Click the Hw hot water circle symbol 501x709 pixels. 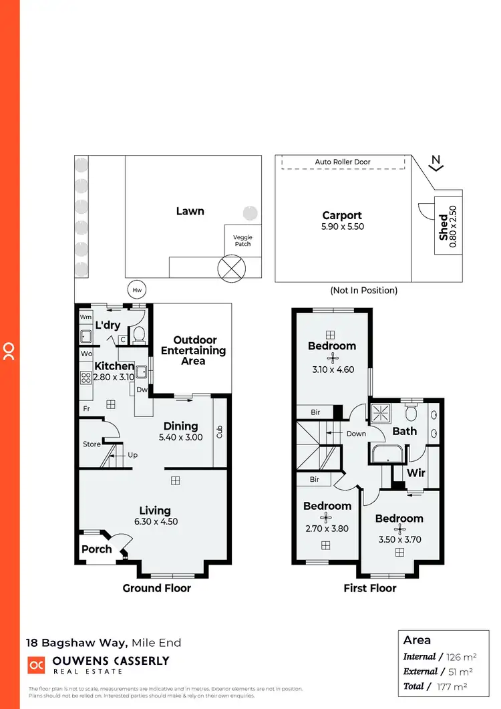point(137,289)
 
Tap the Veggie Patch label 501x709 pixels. point(242,241)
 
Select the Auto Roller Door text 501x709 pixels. point(343,162)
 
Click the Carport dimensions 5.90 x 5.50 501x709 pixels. point(342,227)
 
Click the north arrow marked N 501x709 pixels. point(436,162)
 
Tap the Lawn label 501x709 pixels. point(190,211)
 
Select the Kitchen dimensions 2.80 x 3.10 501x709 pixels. point(114,377)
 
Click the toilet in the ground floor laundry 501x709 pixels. point(139,333)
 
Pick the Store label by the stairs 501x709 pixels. point(92,444)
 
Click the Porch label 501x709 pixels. point(96,549)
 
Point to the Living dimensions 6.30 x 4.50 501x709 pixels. point(155,522)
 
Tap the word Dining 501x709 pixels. point(180,426)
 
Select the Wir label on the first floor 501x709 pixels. point(416,472)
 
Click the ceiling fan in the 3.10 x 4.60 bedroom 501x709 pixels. point(331,358)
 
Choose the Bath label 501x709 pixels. point(404,431)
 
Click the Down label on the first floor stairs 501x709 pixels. point(356,434)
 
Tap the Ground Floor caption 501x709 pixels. point(156,588)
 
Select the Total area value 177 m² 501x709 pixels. point(452,686)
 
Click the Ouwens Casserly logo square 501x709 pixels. point(36,665)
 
